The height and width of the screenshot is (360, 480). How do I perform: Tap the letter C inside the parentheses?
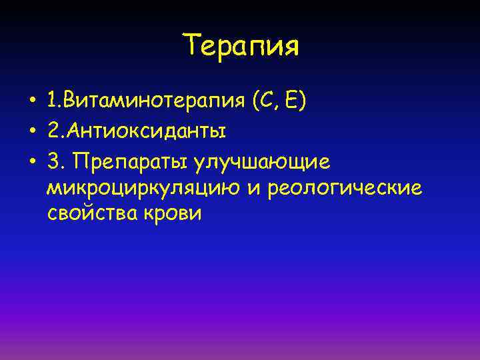(x=265, y=103)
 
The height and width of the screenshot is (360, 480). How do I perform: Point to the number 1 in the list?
(x=52, y=103)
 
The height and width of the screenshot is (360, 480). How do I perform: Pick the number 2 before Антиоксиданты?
(x=53, y=131)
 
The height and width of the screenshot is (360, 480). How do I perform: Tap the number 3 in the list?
(x=53, y=160)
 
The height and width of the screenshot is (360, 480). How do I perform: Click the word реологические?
(x=344, y=189)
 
